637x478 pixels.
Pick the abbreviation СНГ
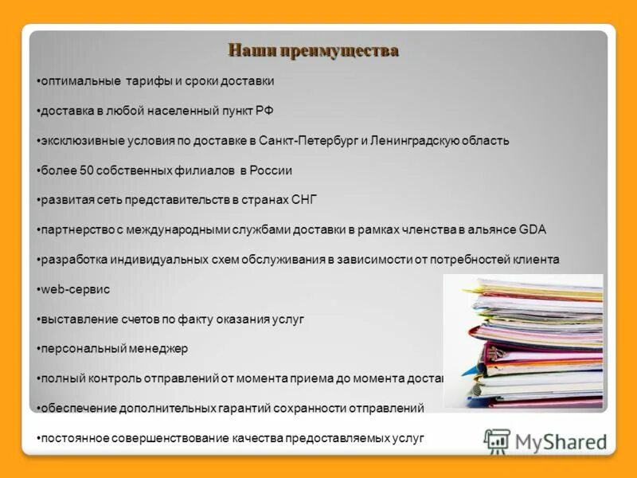[305, 200]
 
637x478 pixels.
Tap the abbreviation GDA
[532, 229]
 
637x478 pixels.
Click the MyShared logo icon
[497, 441]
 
